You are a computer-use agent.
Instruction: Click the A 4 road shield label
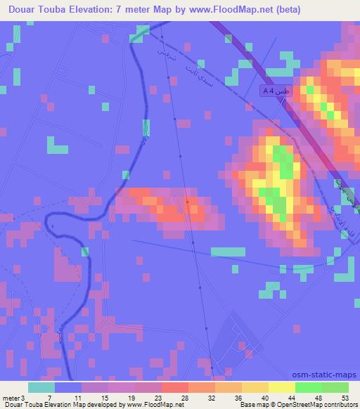tap(276, 91)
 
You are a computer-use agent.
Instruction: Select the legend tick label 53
tap(345, 398)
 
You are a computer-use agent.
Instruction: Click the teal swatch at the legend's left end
tap(41, 388)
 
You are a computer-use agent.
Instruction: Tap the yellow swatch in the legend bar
tap(281, 388)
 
